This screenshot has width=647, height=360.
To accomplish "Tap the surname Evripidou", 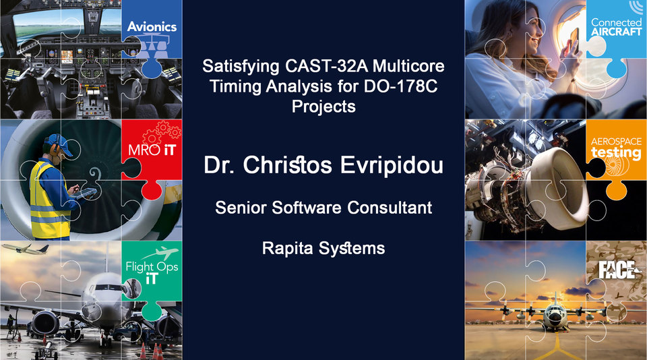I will [x=389, y=166].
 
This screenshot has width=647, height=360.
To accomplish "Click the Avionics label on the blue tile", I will [x=152, y=27].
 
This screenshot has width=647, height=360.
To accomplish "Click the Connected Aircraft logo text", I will [x=616, y=28].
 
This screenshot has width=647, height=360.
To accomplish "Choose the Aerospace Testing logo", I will [x=616, y=149].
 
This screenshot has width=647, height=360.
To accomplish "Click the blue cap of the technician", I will [x=59, y=142].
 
